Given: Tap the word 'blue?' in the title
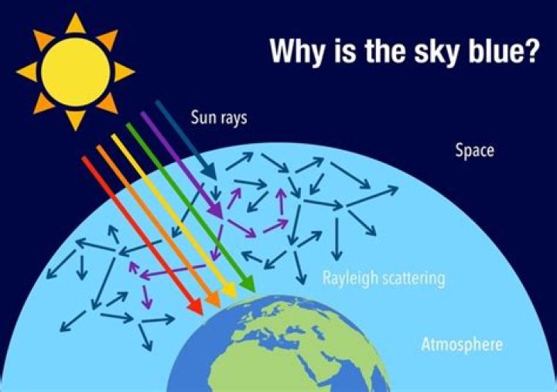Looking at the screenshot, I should (x=501, y=53).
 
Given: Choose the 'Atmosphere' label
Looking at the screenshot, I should (x=461, y=344).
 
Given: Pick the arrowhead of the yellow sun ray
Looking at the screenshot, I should (x=229, y=292).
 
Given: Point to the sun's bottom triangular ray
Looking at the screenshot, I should (x=75, y=120).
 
